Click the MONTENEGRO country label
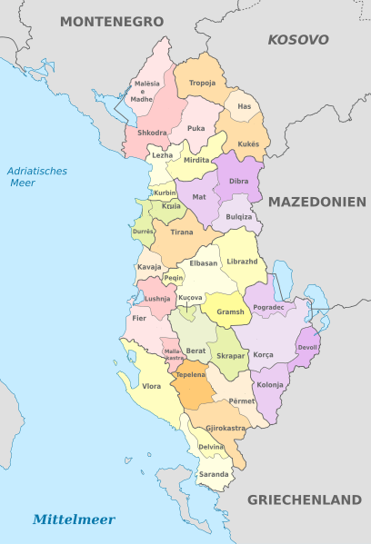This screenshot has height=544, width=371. tap(112, 20)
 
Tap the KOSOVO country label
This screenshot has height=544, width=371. tap(297, 40)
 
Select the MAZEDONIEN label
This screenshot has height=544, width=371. tap(316, 202)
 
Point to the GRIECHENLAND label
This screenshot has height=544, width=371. tap(305, 499)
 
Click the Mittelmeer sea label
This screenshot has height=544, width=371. tap(74, 519)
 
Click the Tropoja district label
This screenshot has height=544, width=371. tap(202, 83)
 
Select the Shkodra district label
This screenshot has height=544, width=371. tap(153, 133)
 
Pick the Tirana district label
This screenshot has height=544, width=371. tap(182, 232)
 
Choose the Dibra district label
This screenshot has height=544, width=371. tap(238, 182)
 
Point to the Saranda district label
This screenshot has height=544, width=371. tap(214, 475)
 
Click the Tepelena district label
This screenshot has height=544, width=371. tap(190, 374)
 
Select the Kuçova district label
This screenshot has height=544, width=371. tap(190, 298)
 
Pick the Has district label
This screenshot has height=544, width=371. tap(244, 107)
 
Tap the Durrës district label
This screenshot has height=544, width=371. tap(144, 232)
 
